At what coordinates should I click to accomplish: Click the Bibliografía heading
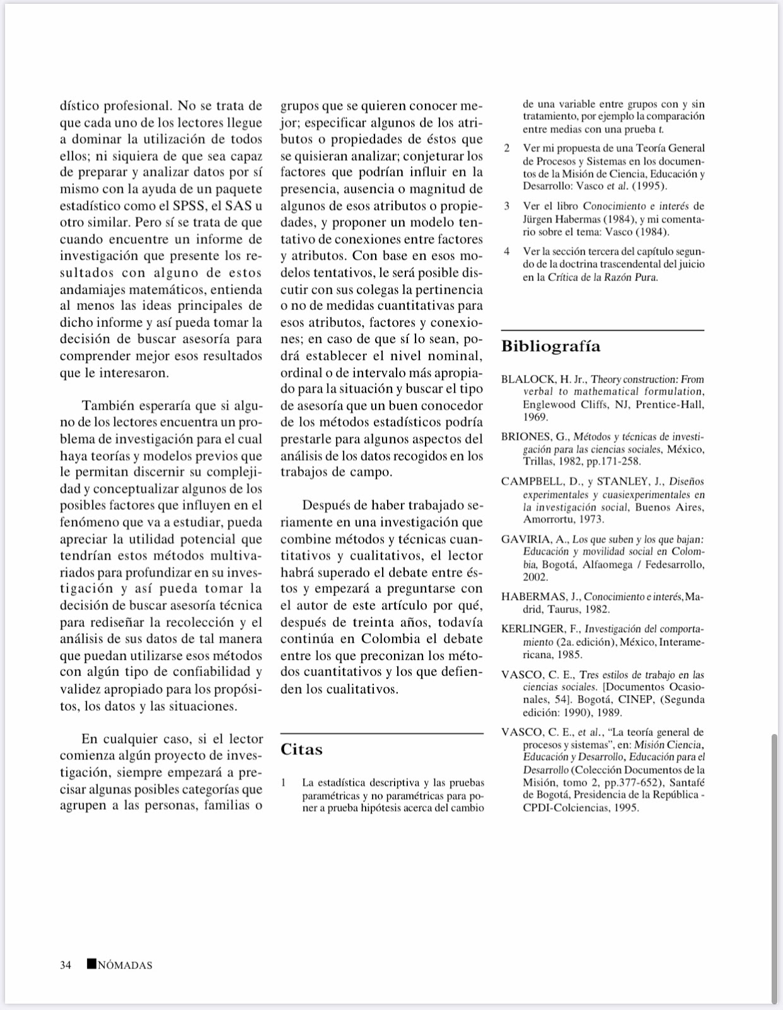(551, 347)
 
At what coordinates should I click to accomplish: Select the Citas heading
(301, 749)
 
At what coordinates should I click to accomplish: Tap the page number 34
(65, 965)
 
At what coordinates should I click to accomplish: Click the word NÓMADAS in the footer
(125, 965)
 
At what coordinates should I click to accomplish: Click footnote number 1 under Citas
(284, 783)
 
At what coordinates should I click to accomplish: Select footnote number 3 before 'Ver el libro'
(506, 206)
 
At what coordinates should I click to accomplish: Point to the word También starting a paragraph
(107, 406)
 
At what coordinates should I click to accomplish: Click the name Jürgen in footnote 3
(538, 219)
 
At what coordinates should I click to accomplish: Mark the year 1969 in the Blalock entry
(535, 417)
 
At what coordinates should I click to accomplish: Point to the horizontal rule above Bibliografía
(602, 330)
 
